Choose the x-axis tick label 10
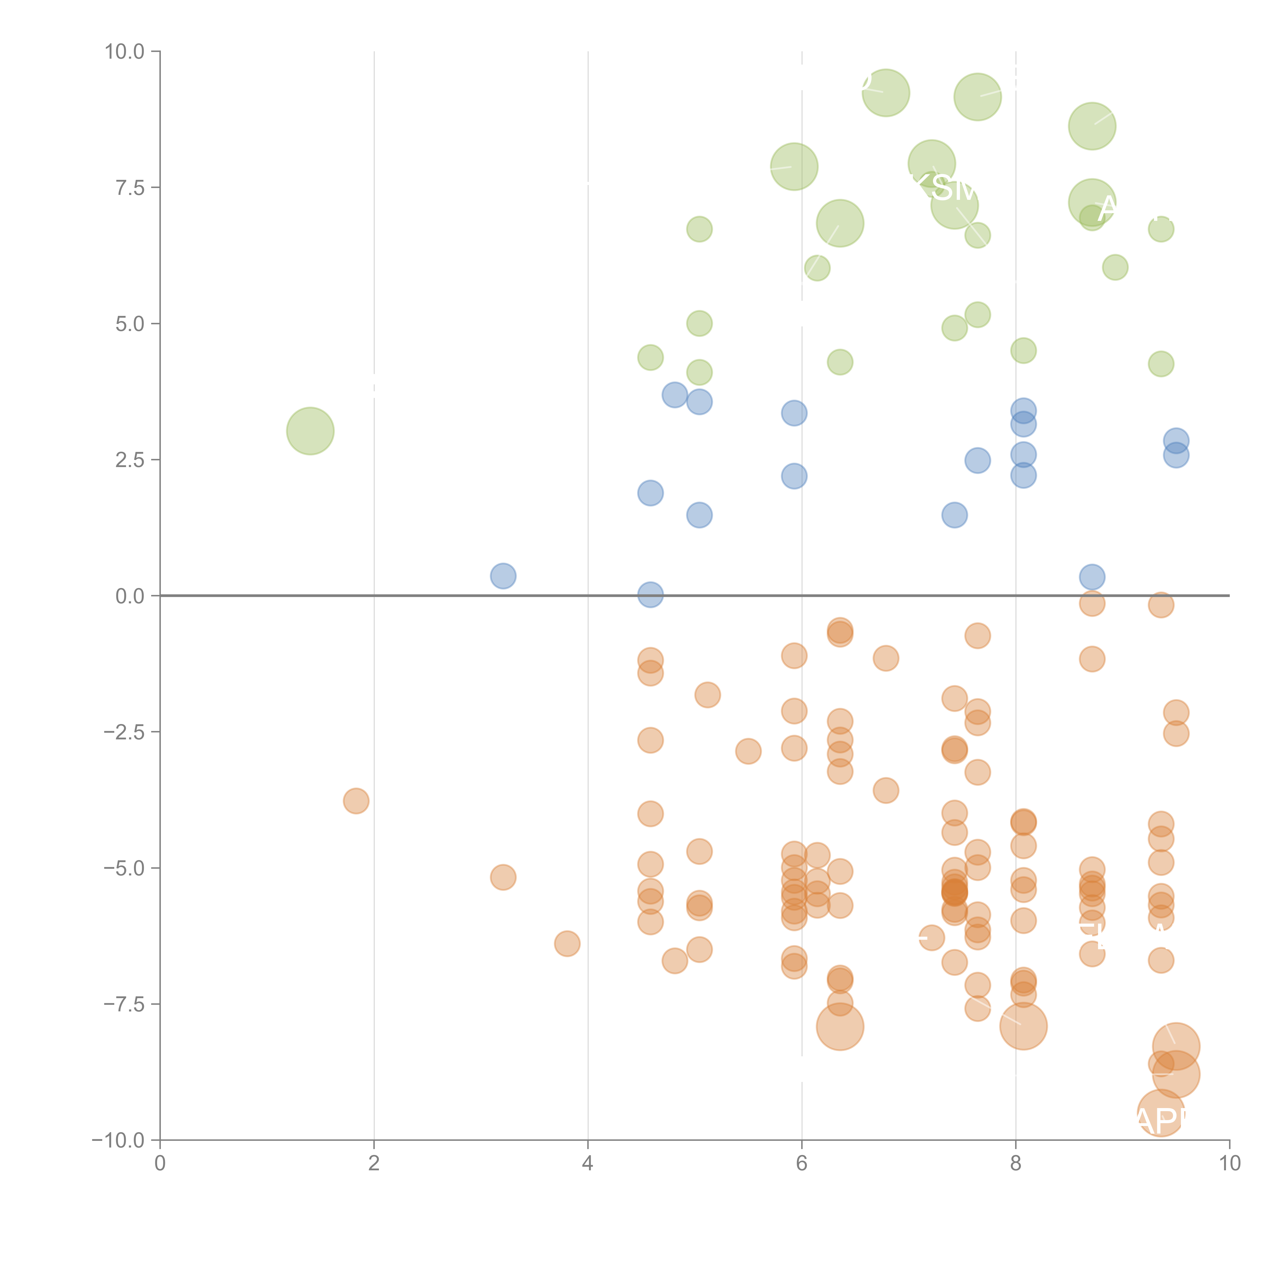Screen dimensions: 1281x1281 (x=1229, y=1164)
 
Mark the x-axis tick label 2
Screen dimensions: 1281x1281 (x=374, y=1164)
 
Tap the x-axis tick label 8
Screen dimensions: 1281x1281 (x=1016, y=1164)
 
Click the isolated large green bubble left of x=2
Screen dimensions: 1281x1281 (x=310, y=431)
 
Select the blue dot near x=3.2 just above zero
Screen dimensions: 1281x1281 (x=503, y=575)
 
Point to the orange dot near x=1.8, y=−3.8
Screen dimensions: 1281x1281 (x=356, y=801)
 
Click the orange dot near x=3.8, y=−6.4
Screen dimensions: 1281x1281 (x=567, y=943)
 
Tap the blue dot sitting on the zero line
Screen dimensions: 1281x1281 (x=650, y=595)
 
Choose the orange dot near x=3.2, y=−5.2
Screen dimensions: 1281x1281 (x=503, y=877)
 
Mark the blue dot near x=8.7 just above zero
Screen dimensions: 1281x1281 (x=1092, y=577)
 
